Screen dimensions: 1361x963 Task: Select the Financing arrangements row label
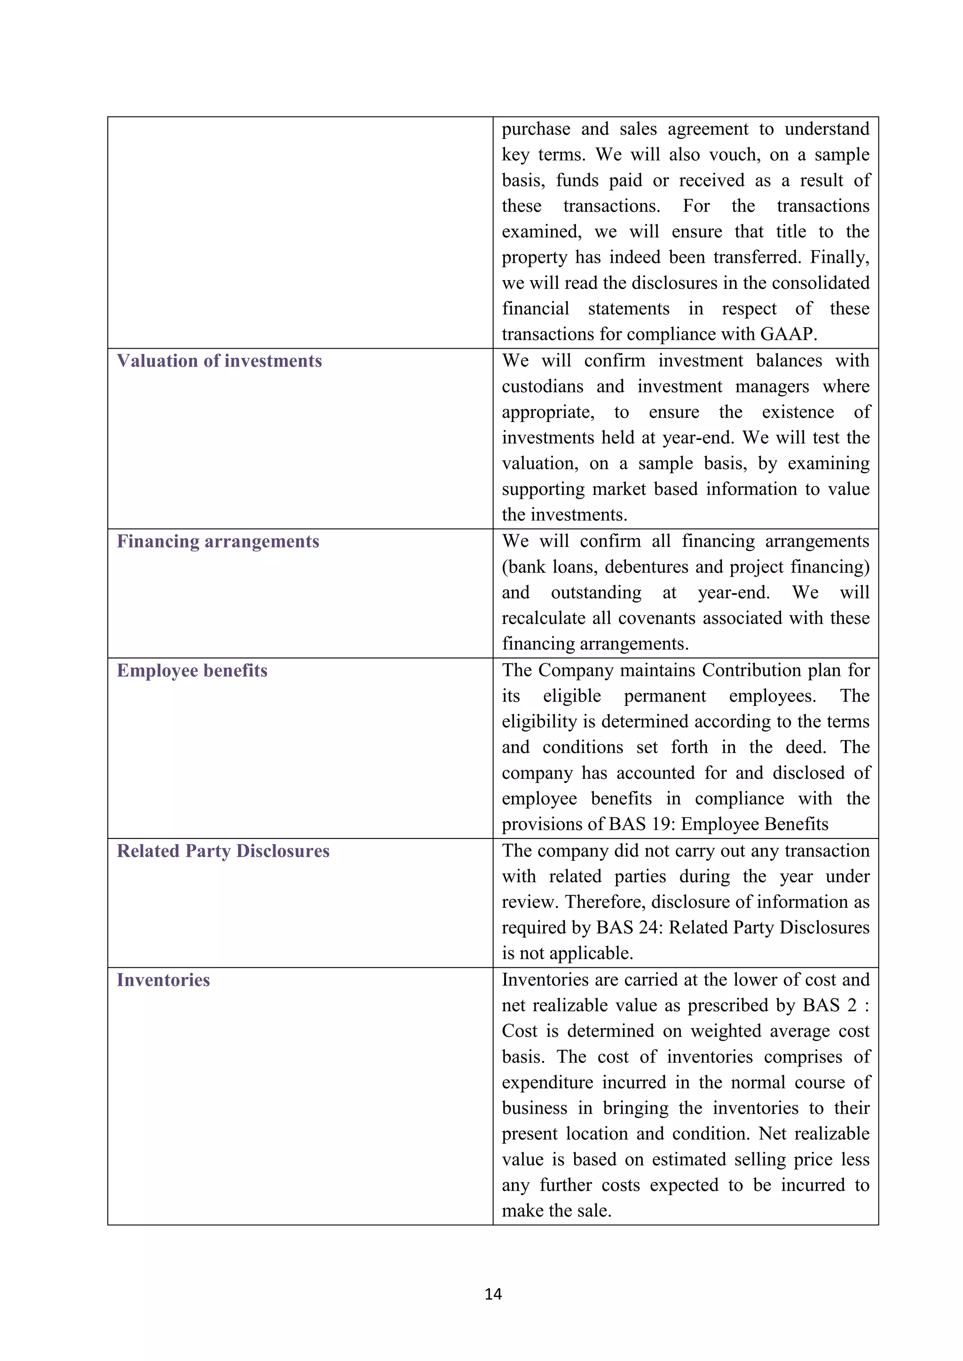coord(218,541)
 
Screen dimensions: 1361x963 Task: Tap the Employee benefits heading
coord(192,671)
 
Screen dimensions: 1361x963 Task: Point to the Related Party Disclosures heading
coord(223,851)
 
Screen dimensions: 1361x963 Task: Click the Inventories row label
coord(163,980)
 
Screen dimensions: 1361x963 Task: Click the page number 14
coord(493,1294)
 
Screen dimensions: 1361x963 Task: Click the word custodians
coord(543,386)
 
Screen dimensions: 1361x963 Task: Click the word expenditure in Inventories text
coord(547,1082)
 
